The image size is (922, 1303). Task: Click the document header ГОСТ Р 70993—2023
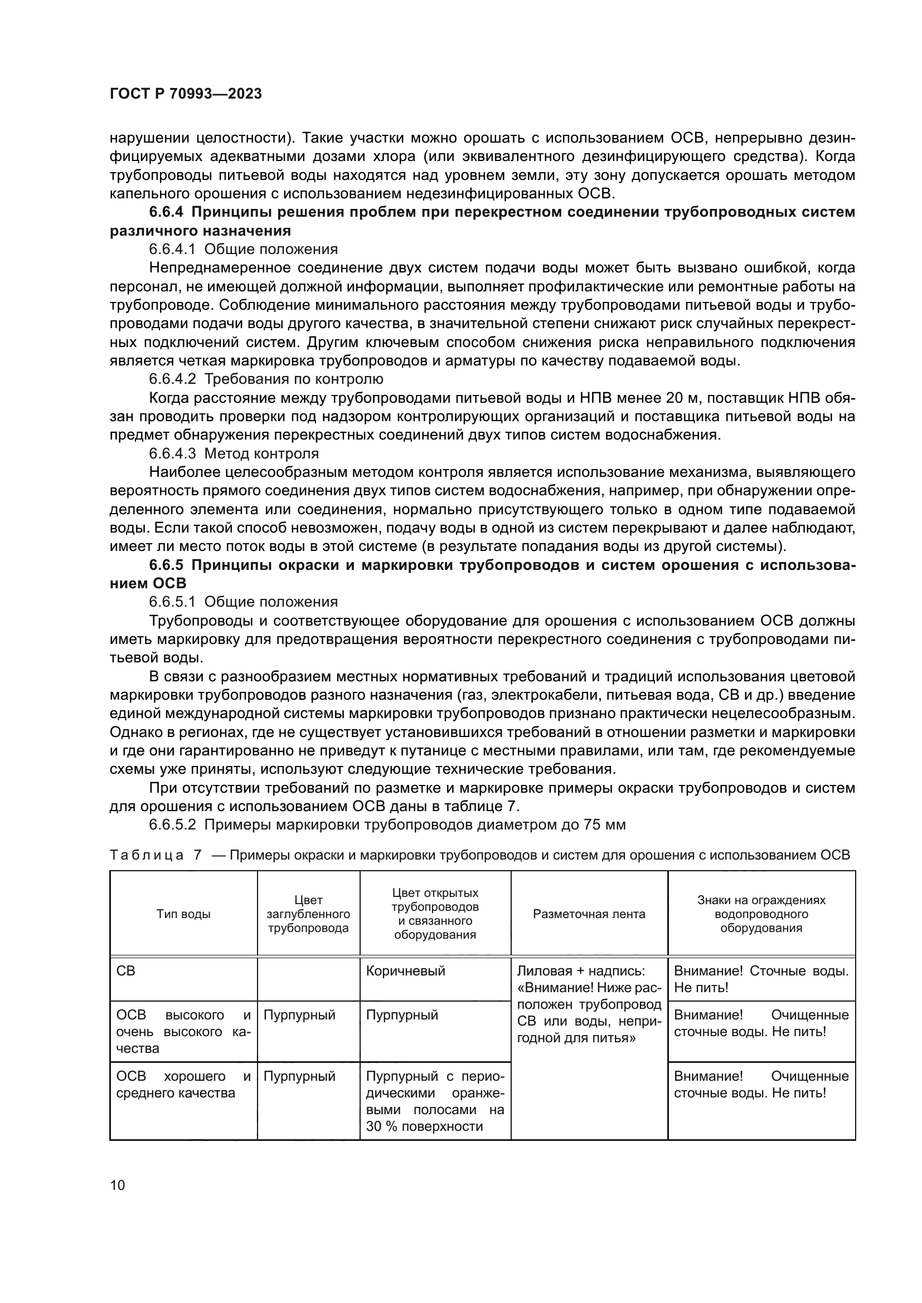tap(186, 94)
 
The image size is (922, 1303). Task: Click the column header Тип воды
tap(183, 914)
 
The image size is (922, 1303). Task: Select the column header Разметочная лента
tap(589, 914)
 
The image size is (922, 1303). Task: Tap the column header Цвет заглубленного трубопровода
tap(308, 914)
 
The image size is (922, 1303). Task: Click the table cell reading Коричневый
tap(405, 971)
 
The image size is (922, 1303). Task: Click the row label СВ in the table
tap(126, 971)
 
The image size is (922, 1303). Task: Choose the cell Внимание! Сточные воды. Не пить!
tap(761, 979)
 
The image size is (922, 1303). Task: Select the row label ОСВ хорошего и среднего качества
tap(183, 1085)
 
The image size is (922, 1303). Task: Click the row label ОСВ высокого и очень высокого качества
tap(183, 1032)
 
